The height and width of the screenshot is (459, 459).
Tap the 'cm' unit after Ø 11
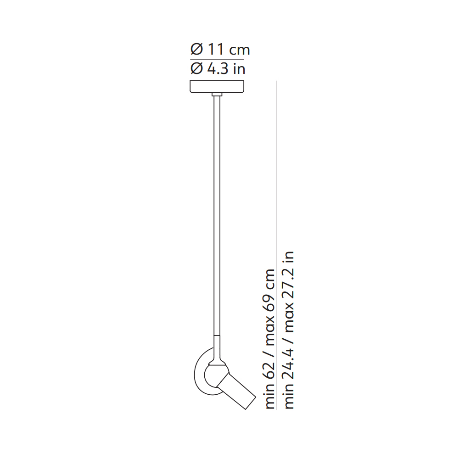point(240,50)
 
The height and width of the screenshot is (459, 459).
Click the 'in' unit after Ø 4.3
point(239,69)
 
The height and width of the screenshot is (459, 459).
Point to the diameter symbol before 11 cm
point(196,50)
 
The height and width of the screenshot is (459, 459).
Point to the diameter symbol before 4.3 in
point(196,69)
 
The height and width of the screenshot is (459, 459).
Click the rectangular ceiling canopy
point(217,86)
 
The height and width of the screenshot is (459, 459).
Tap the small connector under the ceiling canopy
point(217,94)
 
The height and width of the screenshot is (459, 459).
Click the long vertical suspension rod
point(217,216)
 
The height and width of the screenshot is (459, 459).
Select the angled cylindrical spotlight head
point(236,391)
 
